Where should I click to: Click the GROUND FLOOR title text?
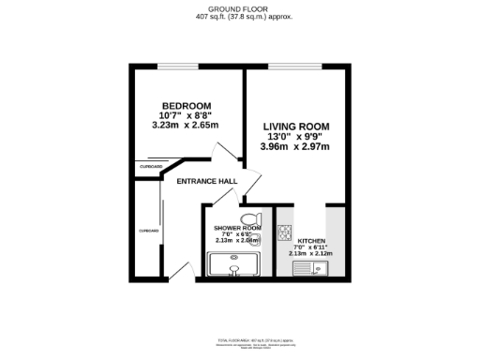tap(241, 8)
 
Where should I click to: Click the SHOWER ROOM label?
tap(237, 229)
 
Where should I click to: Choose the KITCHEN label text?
tap(307, 242)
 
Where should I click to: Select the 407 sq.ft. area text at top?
tap(241, 18)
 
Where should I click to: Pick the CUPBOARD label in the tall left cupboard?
tap(148, 230)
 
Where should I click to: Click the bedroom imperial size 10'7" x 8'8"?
tap(185, 115)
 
